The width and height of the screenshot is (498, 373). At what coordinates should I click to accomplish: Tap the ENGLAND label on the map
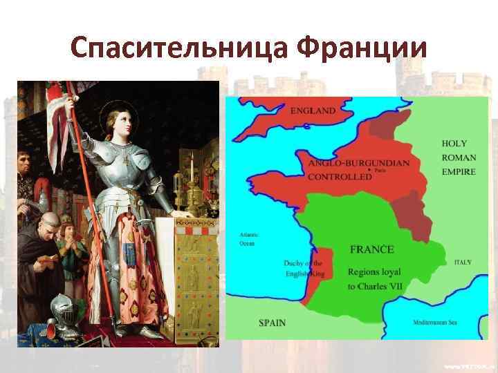(x=313, y=111)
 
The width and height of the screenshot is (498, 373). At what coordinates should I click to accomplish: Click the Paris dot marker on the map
(x=369, y=169)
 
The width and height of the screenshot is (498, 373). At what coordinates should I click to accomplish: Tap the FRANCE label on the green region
(x=372, y=249)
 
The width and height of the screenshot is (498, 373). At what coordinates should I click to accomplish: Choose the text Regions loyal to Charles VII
(x=374, y=278)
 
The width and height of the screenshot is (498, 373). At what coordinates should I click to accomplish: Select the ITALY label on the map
(x=463, y=262)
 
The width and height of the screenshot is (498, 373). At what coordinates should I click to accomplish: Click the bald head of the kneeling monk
(x=48, y=222)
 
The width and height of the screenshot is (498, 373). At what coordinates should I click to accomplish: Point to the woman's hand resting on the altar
(x=183, y=215)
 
